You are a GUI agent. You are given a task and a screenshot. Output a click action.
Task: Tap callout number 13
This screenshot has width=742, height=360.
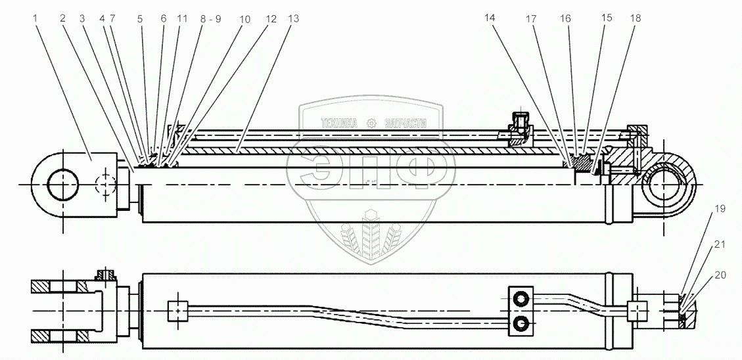click(293, 19)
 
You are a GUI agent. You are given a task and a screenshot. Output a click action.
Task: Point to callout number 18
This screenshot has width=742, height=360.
click(634, 18)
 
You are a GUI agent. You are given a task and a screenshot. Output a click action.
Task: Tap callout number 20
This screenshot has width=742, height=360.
click(721, 275)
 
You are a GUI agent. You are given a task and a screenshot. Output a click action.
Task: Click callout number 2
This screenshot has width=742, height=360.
click(63, 18)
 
